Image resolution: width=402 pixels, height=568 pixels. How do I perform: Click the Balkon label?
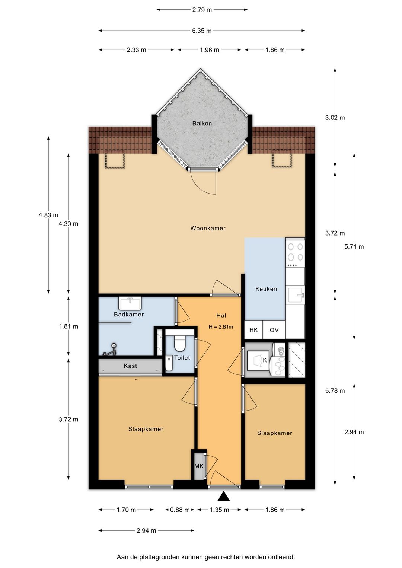[x=202, y=124]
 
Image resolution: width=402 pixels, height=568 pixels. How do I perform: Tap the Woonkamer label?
[x=208, y=228]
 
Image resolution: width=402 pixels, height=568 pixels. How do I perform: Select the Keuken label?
[x=266, y=289]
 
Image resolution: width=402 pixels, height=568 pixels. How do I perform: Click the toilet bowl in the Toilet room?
[x=180, y=343]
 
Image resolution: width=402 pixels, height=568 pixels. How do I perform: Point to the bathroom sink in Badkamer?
[x=130, y=303]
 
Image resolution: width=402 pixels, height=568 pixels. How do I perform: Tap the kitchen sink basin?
[x=295, y=295]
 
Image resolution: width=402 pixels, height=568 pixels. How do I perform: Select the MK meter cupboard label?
[x=199, y=466]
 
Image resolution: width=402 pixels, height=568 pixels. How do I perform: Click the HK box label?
[x=253, y=330]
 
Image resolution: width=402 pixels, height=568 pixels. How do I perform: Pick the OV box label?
[x=274, y=330]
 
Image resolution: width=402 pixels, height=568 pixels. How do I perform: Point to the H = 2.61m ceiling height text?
[x=221, y=327]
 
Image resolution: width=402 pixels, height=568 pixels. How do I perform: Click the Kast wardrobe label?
[x=130, y=366]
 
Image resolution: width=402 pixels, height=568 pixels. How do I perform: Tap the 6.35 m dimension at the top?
[x=202, y=31]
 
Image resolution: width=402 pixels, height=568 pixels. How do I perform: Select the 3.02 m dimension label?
[x=335, y=118]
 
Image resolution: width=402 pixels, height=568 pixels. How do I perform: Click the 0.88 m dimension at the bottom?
[x=180, y=510]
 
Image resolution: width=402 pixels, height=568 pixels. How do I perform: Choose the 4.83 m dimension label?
[x=48, y=215]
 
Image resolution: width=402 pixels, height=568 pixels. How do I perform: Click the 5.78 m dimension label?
[x=335, y=391]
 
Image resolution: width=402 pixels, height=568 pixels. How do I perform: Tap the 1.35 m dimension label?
[x=219, y=510]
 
